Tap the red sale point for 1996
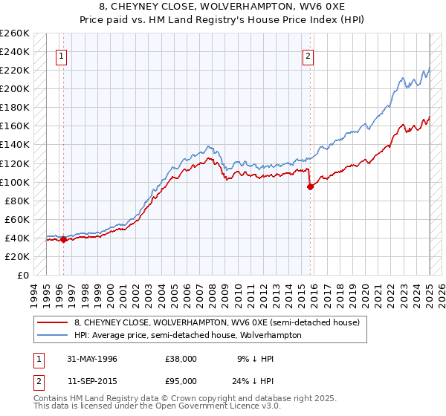click(x=63, y=239)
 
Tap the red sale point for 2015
click(x=310, y=186)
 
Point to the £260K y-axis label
click(x=14, y=33)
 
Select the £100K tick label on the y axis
click(x=14, y=182)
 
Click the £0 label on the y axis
click(x=23, y=275)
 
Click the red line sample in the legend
click(x=52, y=322)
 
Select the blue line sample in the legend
click(x=52, y=335)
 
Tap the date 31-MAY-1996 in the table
click(x=92, y=358)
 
